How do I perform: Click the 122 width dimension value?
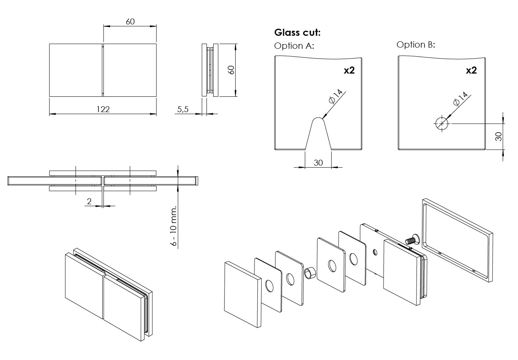coord(103,109)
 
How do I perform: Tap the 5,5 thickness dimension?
coord(183,109)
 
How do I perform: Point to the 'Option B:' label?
coord(416,44)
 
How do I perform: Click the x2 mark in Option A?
coord(349,71)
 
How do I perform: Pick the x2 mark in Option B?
coord(471,71)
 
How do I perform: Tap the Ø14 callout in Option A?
coord(336,97)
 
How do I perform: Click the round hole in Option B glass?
coord(442,124)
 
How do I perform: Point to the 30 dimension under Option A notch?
coord(318,162)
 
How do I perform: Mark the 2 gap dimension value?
coord(89,201)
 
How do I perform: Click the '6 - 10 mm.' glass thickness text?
coord(173,225)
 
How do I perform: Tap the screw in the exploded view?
coord(411,239)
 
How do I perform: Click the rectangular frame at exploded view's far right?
coord(457,240)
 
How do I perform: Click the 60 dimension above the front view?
coord(130,22)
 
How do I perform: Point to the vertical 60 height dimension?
coord(231,70)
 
